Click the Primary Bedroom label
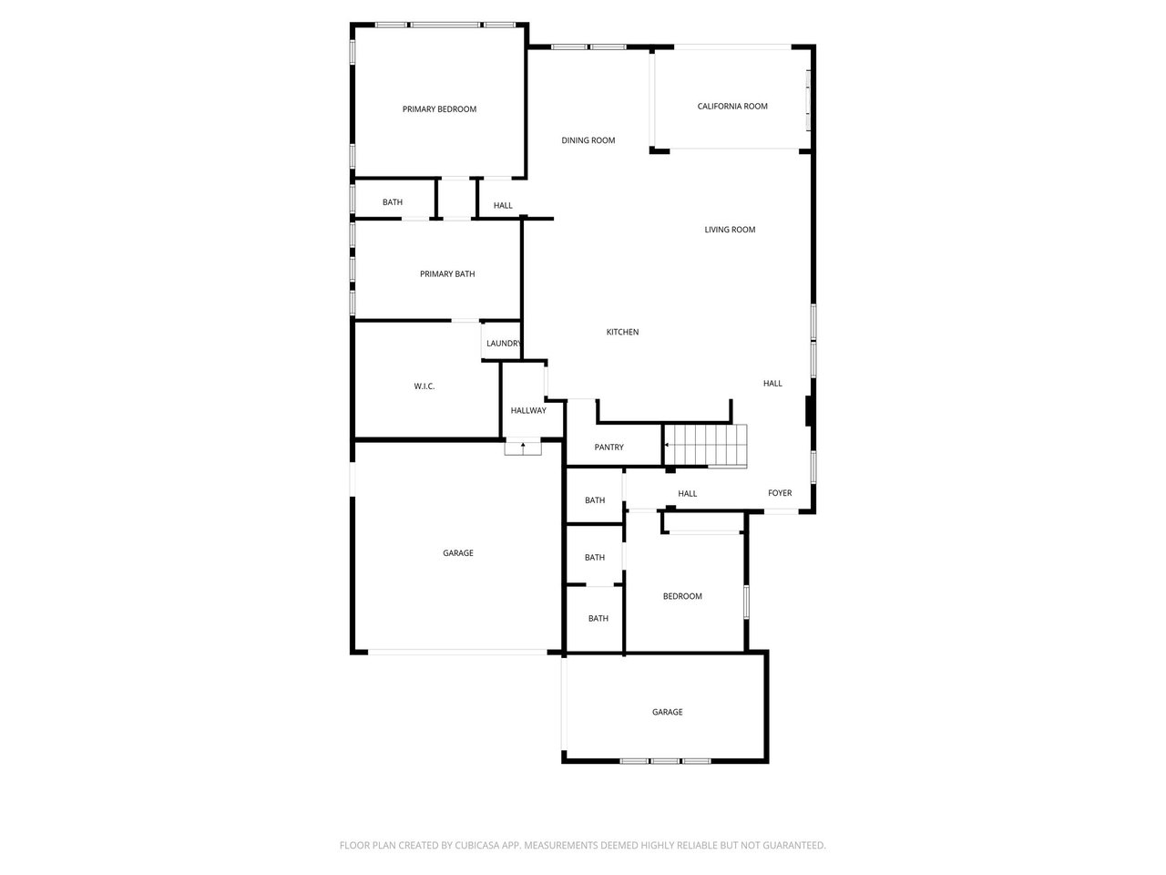[439, 109]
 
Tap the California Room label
[732, 107]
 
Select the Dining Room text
[588, 140]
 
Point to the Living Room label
[730, 230]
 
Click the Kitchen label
[622, 332]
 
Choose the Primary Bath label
[447, 274]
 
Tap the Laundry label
[503, 344]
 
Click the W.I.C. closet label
[424, 386]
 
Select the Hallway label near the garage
[528, 411]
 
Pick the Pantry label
[609, 448]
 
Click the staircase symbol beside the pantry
[706, 446]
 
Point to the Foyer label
[780, 493]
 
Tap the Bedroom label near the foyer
[682, 596]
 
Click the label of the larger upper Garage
[458, 553]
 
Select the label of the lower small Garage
[667, 712]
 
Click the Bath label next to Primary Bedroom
[393, 202]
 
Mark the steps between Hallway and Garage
[523, 447]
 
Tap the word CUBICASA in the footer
[476, 846]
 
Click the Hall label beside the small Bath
[503, 206]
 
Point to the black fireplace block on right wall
[809, 411]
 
